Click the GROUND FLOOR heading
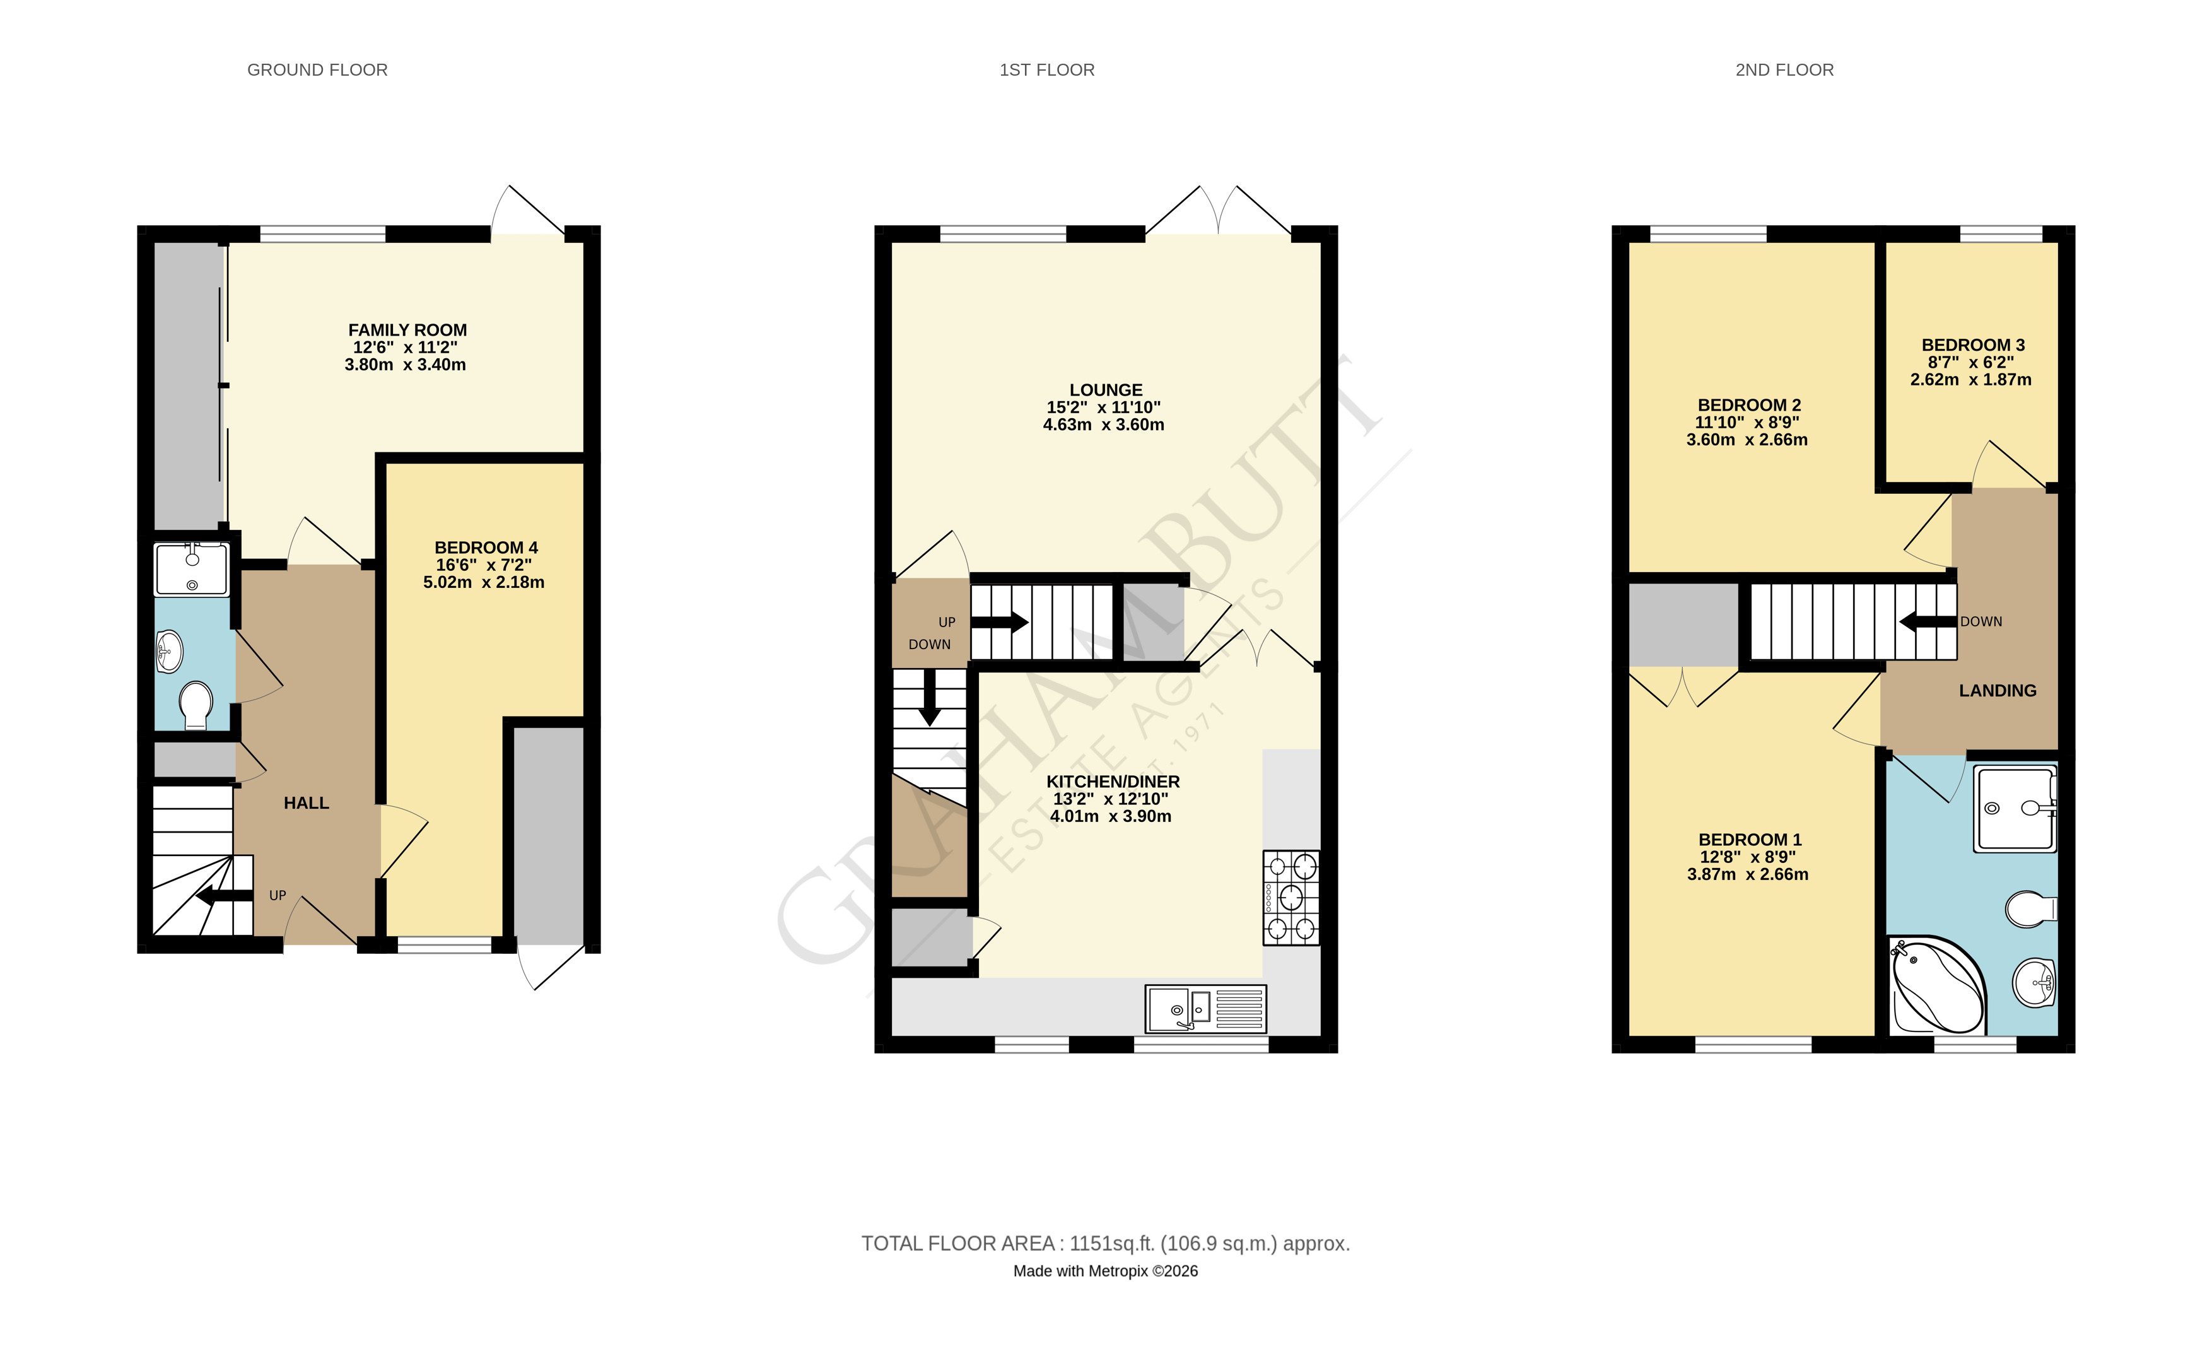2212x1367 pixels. [x=317, y=69]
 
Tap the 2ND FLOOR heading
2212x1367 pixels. [x=1784, y=69]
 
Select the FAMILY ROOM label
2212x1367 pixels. [x=407, y=330]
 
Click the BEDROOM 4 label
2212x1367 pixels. [x=486, y=548]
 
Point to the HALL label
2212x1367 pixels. [x=307, y=803]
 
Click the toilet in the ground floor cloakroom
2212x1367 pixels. [x=196, y=705]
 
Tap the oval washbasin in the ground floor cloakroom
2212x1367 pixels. [x=169, y=652]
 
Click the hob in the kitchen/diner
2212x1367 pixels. [x=1291, y=898]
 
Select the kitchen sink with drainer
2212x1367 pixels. [x=1206, y=1009]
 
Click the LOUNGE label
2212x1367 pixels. [x=1106, y=390]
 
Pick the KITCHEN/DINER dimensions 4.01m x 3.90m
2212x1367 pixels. [x=1110, y=816]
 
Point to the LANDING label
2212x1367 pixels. [x=1998, y=691]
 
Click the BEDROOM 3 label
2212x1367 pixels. [x=1974, y=345]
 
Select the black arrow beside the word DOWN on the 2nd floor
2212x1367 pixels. [x=1928, y=622]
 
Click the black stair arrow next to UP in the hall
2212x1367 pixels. [x=224, y=896]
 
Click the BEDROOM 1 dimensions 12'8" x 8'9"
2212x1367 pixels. [x=1747, y=857]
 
